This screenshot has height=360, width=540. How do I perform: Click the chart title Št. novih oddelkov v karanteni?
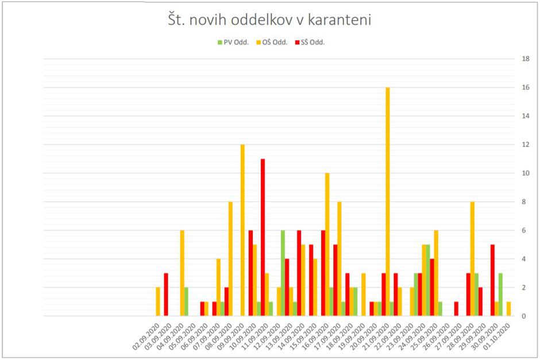tap(270, 21)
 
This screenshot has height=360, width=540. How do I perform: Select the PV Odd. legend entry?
tap(233, 42)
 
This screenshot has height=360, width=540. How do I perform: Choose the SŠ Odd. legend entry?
tap(310, 42)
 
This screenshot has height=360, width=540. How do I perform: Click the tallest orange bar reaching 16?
tap(388, 201)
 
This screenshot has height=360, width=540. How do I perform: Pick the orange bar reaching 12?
tap(242, 230)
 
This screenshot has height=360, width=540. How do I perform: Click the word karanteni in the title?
tap(340, 21)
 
